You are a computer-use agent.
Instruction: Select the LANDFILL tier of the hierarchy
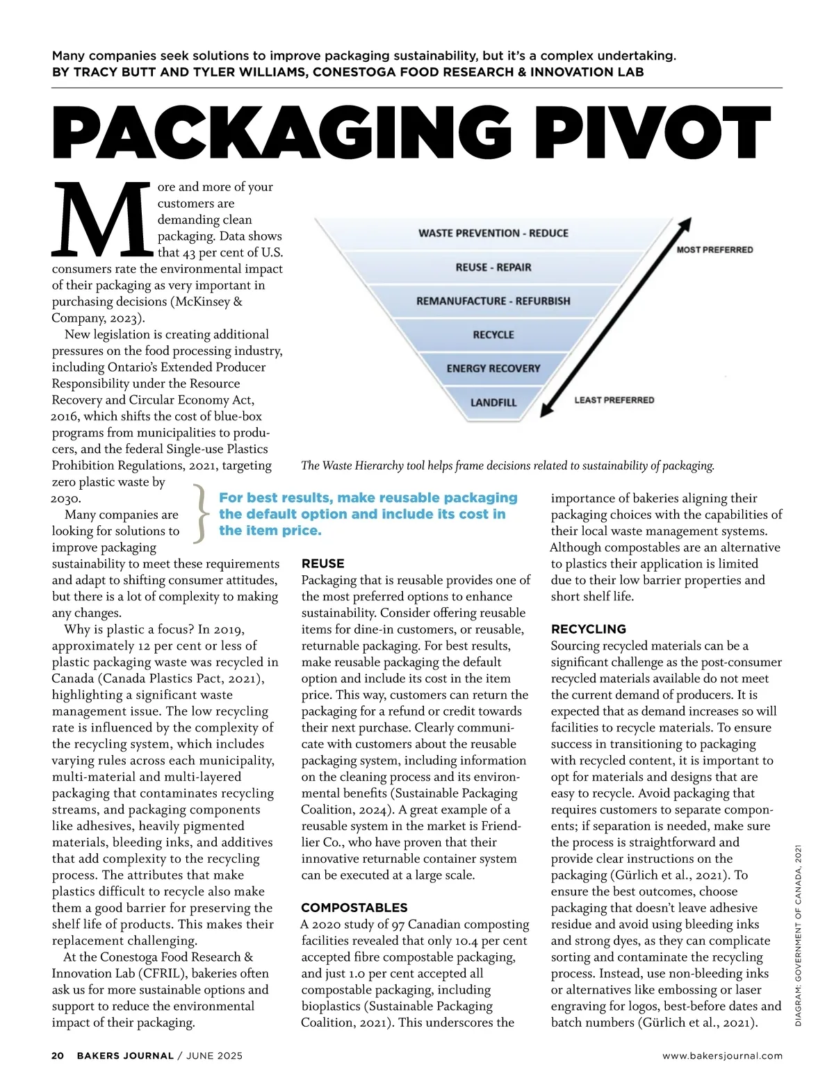(493, 402)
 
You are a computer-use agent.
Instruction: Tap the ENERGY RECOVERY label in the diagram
(493, 368)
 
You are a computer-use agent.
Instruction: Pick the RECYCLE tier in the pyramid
(493, 335)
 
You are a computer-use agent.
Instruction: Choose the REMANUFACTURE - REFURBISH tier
(493, 301)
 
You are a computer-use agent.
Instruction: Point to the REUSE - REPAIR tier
(493, 267)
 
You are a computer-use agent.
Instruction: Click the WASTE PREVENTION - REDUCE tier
(493, 233)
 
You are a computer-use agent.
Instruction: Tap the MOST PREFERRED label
(714, 249)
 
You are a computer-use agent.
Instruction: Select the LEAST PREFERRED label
(614, 400)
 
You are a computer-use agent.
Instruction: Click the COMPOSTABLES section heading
(354, 907)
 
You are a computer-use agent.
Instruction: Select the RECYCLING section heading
(589, 629)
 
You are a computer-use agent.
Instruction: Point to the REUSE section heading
(323, 563)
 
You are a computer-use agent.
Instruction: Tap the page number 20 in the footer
(58, 1055)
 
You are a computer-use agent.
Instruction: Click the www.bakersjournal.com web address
(722, 1055)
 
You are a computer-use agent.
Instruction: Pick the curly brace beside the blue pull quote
(199, 514)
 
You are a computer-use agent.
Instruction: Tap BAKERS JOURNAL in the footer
(125, 1055)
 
